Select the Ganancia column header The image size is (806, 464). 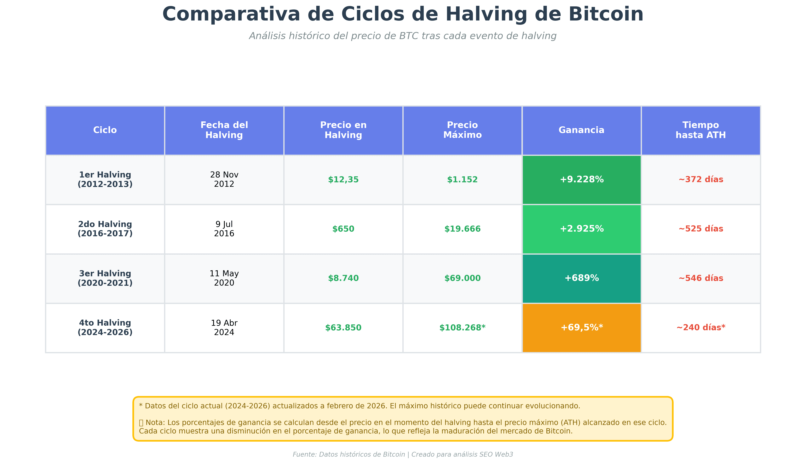point(581,130)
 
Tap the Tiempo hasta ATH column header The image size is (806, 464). point(700,130)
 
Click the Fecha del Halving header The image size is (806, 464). point(224,130)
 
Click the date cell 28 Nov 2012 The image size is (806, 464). point(224,179)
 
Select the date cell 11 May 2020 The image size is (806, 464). point(224,278)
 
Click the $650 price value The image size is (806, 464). point(343,229)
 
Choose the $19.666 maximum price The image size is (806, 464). point(462,229)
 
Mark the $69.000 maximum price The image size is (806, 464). point(462,278)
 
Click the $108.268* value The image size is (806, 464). point(462,328)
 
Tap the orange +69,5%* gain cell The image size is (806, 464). point(581,328)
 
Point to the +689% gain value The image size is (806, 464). point(581,278)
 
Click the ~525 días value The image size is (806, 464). point(700,229)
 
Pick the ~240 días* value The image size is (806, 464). point(700,328)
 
